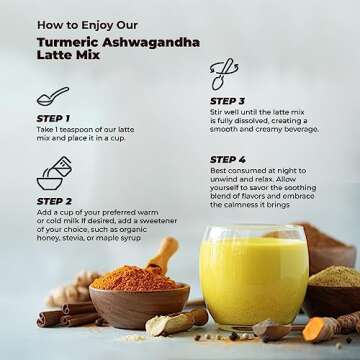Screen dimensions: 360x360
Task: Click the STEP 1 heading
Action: (x=53, y=119)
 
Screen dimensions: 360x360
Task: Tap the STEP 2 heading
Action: (x=54, y=201)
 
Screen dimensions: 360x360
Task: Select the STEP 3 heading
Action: (x=227, y=101)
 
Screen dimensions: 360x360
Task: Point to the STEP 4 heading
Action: (x=227, y=160)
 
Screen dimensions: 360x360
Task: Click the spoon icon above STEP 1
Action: (x=52, y=97)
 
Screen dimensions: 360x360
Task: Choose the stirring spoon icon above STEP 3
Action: (x=224, y=74)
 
